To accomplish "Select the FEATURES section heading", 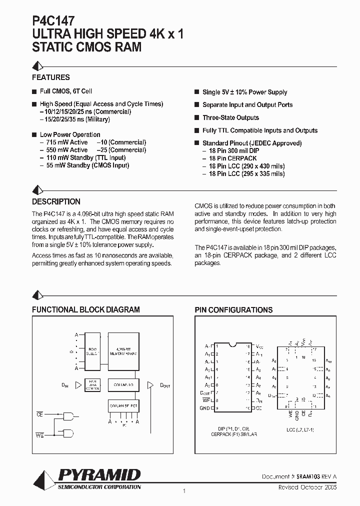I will pos(51,77).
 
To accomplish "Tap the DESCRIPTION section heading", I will pos(56,202).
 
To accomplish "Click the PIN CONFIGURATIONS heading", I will pos(233,310).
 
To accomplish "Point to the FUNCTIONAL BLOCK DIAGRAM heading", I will pos(86,310).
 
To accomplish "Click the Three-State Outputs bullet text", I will pos(230,118).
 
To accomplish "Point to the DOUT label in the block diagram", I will pos(165,385).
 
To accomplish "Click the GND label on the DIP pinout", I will pos(205,408).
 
